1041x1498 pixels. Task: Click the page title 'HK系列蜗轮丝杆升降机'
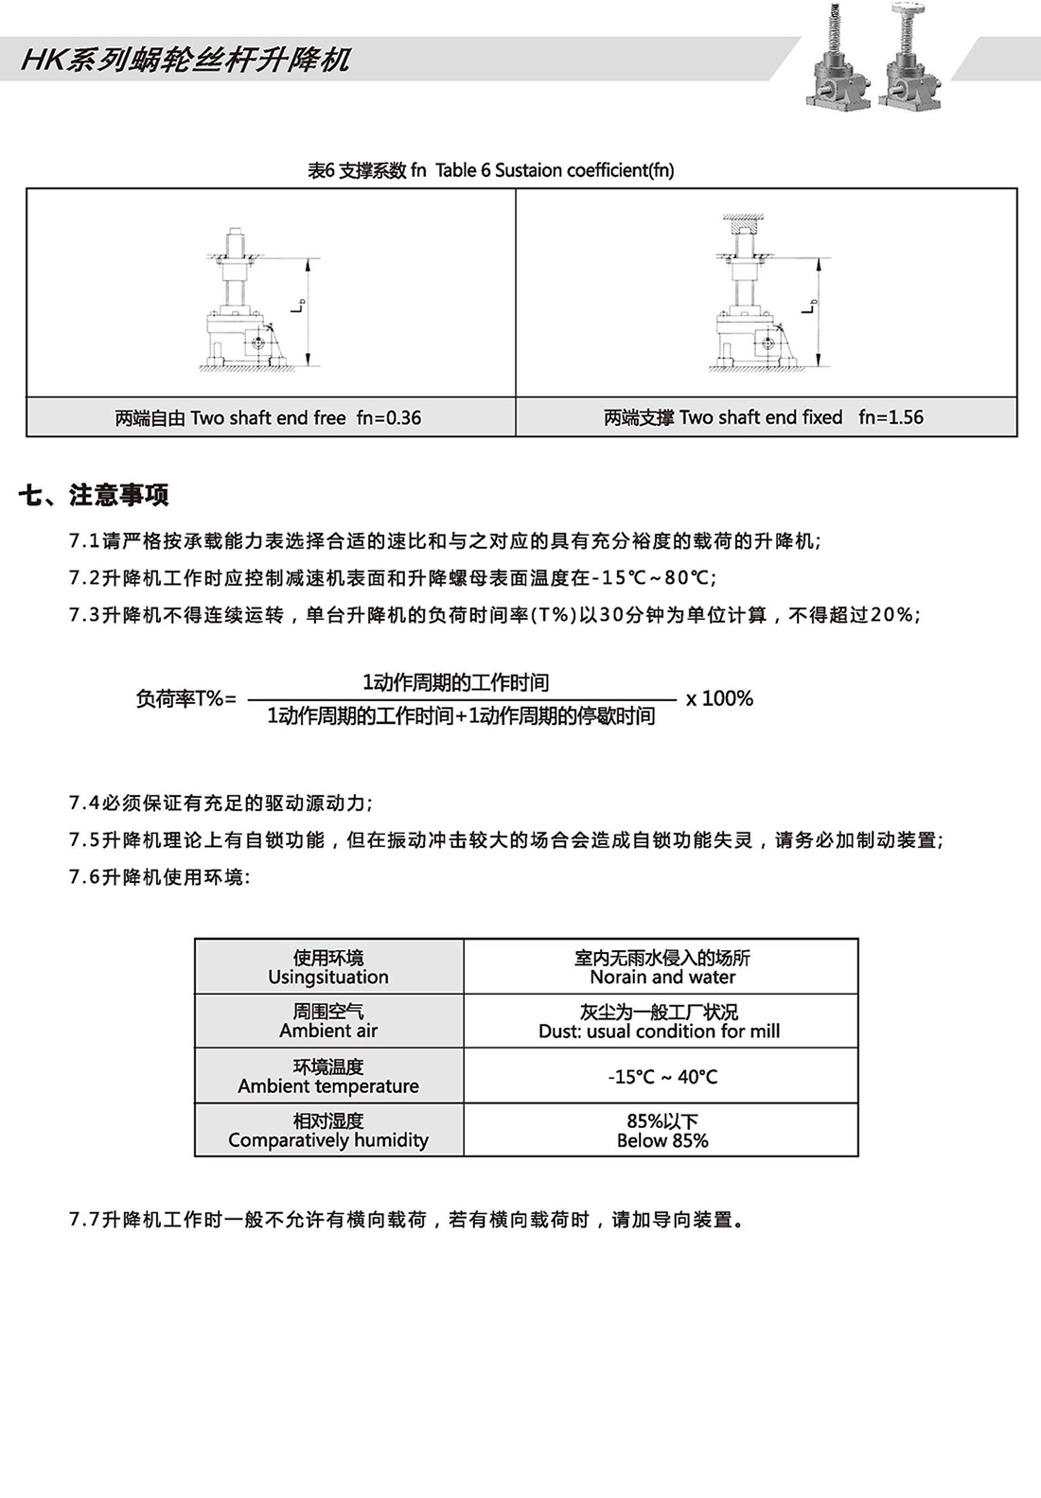(185, 60)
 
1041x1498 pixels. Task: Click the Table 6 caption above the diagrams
(491, 170)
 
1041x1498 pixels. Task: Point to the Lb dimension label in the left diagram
(297, 305)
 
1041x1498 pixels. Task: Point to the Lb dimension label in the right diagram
(808, 305)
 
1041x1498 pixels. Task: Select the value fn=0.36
(389, 417)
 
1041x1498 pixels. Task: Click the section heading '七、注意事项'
(94, 495)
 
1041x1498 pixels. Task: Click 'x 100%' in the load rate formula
(719, 698)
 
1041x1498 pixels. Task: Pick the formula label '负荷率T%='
(185, 698)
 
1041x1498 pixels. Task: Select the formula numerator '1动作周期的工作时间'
(455, 682)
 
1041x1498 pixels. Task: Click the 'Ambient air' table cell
(328, 1020)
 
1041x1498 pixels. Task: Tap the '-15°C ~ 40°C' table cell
(662, 1076)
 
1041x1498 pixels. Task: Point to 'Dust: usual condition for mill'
(660, 1031)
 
